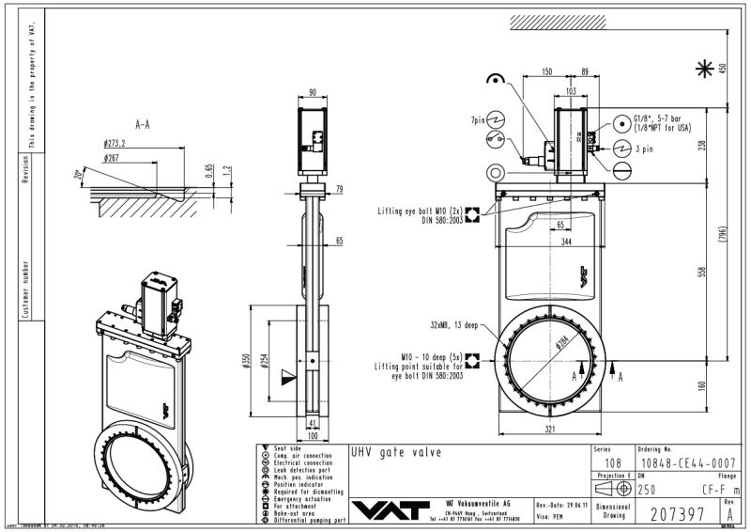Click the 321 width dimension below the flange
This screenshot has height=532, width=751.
[553, 430]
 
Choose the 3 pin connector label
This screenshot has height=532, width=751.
[646, 149]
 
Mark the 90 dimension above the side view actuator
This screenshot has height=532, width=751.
[312, 92]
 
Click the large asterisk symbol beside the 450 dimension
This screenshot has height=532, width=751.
[702, 68]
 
